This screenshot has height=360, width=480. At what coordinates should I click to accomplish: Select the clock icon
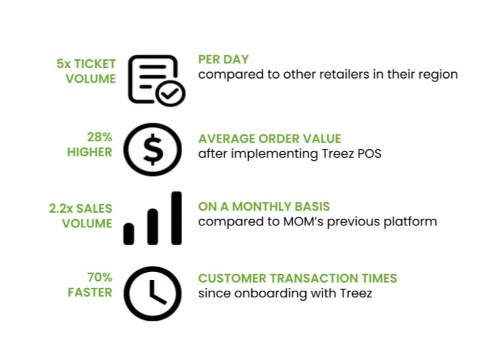pyautogui.click(x=153, y=293)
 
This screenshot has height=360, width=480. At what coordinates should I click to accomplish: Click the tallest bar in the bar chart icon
pyautogui.click(x=176, y=218)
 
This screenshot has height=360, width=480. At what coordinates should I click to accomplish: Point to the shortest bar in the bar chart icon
pyautogui.click(x=129, y=233)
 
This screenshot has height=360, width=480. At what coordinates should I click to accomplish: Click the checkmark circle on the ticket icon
pyautogui.click(x=171, y=95)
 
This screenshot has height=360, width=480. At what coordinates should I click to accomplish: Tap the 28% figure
pyautogui.click(x=99, y=137)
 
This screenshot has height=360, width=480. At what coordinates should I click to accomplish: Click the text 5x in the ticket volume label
pyautogui.click(x=63, y=65)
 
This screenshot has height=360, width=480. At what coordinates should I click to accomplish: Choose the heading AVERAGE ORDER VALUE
pyautogui.click(x=269, y=139)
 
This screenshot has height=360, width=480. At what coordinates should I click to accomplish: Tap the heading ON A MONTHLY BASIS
pyautogui.click(x=264, y=207)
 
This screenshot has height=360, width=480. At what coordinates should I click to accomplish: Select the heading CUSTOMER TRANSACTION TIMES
pyautogui.click(x=297, y=278)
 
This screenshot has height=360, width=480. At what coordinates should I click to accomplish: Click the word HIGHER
pyautogui.click(x=89, y=152)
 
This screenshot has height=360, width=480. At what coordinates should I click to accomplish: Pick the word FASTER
pyautogui.click(x=89, y=292)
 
